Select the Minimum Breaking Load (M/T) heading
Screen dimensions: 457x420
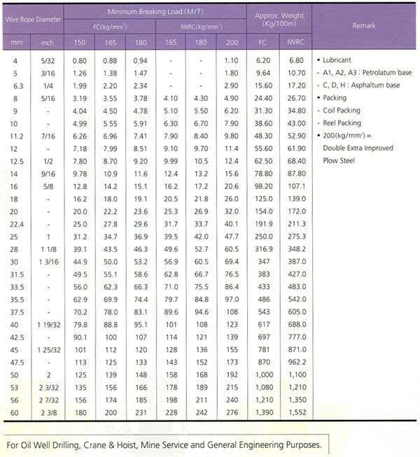154,13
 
